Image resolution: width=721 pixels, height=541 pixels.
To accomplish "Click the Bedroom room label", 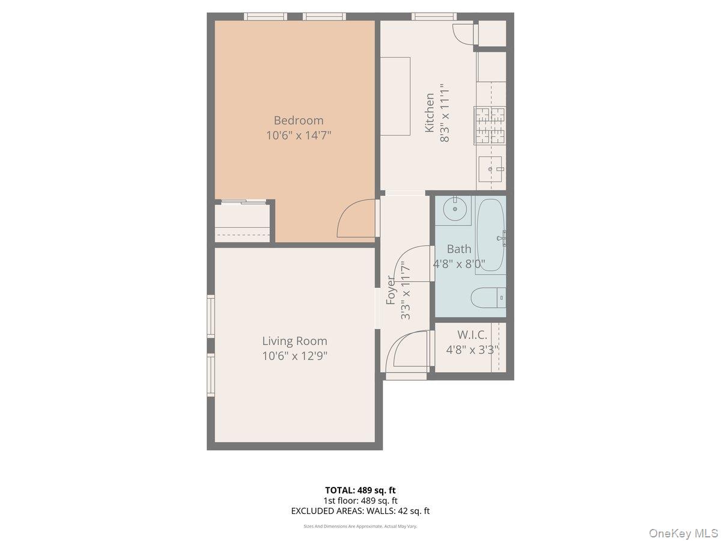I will [299, 120].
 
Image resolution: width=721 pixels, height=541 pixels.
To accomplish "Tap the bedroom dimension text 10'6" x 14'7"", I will [299, 135].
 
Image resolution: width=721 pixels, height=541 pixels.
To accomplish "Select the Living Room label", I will [294, 341].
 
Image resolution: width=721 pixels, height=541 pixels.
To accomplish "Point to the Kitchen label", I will [430, 112].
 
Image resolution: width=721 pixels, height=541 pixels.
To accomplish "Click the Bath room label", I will [459, 249].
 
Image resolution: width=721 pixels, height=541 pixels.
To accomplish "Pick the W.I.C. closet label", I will [472, 335].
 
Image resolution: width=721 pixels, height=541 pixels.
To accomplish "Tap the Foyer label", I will [391, 290].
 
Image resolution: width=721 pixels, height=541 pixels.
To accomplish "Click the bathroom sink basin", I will [454, 209].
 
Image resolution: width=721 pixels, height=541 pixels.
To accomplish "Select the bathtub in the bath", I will [491, 236].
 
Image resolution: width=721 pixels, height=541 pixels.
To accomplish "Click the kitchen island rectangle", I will [395, 96].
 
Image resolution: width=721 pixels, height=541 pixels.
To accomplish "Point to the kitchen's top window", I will [434, 16].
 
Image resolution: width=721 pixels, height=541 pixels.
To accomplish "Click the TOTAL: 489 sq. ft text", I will [360, 490].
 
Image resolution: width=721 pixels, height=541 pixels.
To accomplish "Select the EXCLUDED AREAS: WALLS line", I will [360, 511].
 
